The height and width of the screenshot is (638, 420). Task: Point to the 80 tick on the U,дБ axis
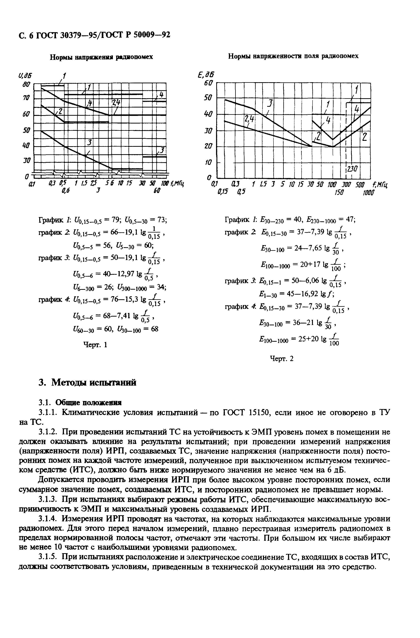pos(25,85)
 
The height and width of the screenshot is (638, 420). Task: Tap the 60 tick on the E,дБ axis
pos(208,83)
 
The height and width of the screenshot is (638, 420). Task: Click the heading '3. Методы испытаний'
pos(87,383)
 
